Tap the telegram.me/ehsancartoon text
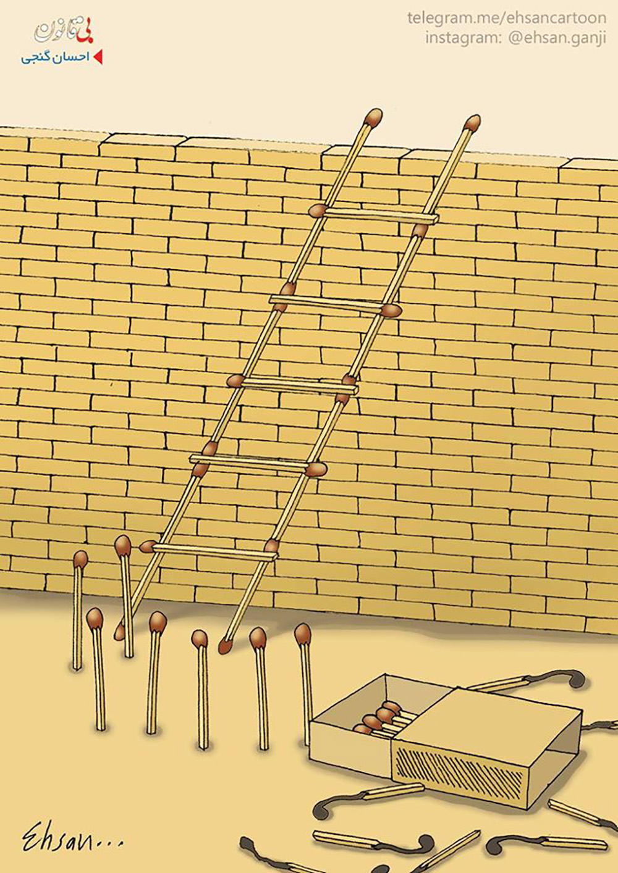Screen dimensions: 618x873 coord(507,18)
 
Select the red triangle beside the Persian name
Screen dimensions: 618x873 coord(99,57)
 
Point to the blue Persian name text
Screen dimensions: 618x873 coord(55,57)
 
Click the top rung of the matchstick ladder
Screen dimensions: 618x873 coord(381,215)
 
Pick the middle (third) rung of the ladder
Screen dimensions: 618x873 coord(300,385)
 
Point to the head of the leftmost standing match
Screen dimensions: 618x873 coord(80,559)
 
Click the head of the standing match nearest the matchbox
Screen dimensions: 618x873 coord(302,635)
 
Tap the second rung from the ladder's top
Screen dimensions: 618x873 coord(331,303)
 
